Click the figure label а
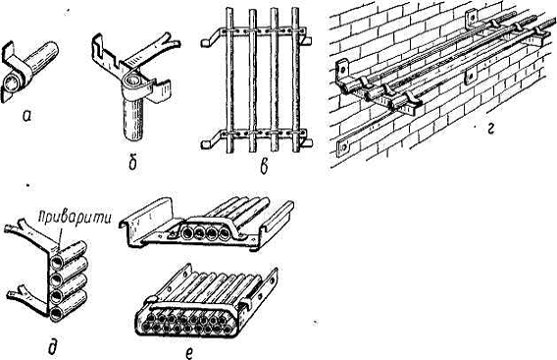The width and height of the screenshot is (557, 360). click(x=26, y=115)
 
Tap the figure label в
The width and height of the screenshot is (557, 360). click(x=264, y=167)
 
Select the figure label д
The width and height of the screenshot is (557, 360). click(x=54, y=346)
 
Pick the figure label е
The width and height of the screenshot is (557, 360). click(x=189, y=352)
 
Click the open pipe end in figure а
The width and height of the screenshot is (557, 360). click(x=11, y=84)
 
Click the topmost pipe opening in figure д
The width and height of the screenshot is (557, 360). click(x=57, y=263)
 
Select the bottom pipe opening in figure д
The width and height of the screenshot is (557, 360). click(x=57, y=314)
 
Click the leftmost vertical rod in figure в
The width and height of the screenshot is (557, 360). click(x=229, y=80)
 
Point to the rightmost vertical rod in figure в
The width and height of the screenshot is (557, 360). click(x=295, y=80)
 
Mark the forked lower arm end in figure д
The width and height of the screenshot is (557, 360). click(x=17, y=293)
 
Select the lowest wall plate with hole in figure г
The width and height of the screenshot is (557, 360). click(x=343, y=148)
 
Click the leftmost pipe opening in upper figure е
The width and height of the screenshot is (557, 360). click(x=187, y=233)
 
